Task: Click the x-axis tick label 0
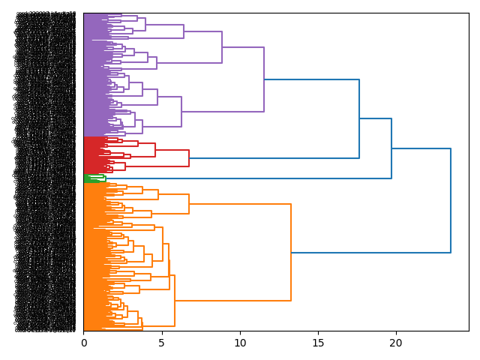pyautogui.click(x=84, y=343)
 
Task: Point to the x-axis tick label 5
pyautogui.click(x=162, y=343)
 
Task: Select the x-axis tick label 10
pyautogui.click(x=240, y=343)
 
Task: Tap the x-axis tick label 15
pyautogui.click(x=318, y=343)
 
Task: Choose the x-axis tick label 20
pyautogui.click(x=396, y=343)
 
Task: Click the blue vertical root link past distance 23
pyautogui.click(x=451, y=201)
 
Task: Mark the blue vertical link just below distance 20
pyautogui.click(x=391, y=148)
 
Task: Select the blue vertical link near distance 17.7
pyautogui.click(x=359, y=118)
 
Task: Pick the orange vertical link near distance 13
pyautogui.click(x=291, y=253)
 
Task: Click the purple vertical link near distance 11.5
pyautogui.click(x=264, y=79)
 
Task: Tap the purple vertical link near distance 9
pyautogui.click(x=222, y=47)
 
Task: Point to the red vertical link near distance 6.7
pyautogui.click(x=189, y=158)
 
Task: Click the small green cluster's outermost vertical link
pyautogui.click(x=106, y=178)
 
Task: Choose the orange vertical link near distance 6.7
pyautogui.click(x=189, y=204)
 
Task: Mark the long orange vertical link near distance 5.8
pyautogui.click(x=175, y=301)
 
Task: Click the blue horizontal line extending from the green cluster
pyautogui.click(x=247, y=178)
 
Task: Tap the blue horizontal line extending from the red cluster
pyautogui.click(x=274, y=158)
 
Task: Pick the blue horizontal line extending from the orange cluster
pyautogui.click(x=370, y=253)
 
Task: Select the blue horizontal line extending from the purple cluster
pyautogui.click(x=311, y=79)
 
